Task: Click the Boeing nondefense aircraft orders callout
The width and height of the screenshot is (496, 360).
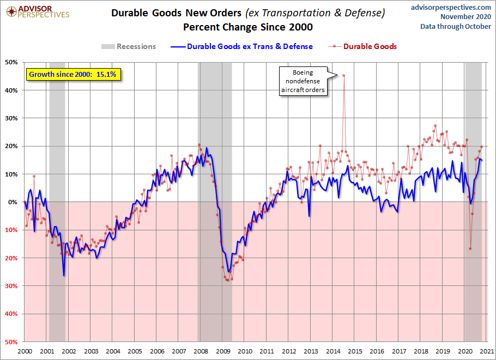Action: click(x=303, y=82)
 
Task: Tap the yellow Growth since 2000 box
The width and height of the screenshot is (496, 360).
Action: click(x=72, y=74)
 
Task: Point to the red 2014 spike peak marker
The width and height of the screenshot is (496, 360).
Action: click(x=343, y=76)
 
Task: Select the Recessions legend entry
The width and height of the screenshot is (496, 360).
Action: click(x=129, y=46)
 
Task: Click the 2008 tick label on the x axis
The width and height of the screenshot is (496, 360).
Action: click(x=201, y=351)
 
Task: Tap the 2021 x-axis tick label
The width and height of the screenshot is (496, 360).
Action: click(x=487, y=351)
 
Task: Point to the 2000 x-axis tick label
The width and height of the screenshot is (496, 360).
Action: click(x=25, y=351)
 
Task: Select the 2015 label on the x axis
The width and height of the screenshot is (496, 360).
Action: click(x=355, y=351)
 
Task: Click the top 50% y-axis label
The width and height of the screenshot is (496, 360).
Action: click(x=12, y=62)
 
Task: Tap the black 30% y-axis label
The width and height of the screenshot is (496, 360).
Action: click(x=12, y=118)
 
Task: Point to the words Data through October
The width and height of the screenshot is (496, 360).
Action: click(x=456, y=26)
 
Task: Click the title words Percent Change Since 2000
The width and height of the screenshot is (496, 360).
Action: click(x=248, y=27)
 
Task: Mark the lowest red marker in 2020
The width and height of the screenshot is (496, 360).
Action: click(x=470, y=249)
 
